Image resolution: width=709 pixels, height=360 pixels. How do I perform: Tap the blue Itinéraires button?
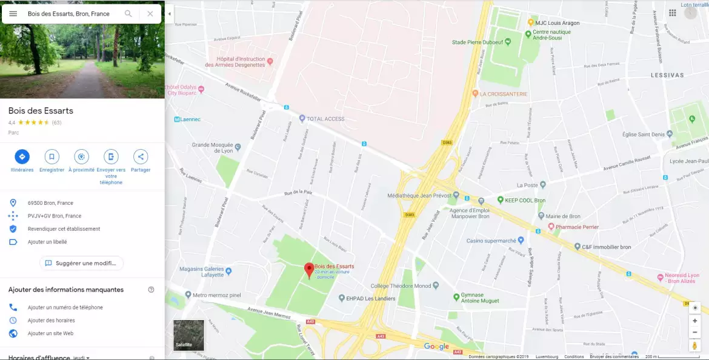pos(22,157)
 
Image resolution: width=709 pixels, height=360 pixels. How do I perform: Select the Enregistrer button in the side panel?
pos(52,157)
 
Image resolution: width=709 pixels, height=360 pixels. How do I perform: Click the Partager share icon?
pos(141,157)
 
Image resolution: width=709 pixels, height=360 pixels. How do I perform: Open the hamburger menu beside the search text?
pos(13,13)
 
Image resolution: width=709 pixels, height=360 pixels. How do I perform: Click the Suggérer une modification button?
pos(82,263)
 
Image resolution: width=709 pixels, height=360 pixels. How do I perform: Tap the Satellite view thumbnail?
pos(188,335)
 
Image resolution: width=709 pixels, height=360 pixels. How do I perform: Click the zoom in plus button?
pos(694,321)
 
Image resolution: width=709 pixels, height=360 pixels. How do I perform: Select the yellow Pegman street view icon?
pos(694,345)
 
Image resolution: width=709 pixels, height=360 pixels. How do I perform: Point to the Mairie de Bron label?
pos(563,216)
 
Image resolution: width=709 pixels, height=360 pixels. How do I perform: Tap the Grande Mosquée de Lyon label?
pos(213,147)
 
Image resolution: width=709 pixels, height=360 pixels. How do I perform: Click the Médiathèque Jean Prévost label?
pos(419,196)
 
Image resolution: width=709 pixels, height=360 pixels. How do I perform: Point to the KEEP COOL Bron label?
pos(525,200)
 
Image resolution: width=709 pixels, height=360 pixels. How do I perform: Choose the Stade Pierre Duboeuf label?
pos(478,42)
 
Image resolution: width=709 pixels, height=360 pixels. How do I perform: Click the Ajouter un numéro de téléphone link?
pos(65,307)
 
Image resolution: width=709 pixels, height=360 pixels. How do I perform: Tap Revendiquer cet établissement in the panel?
pos(64,229)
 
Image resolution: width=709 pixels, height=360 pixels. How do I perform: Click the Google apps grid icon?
pos(672,13)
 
